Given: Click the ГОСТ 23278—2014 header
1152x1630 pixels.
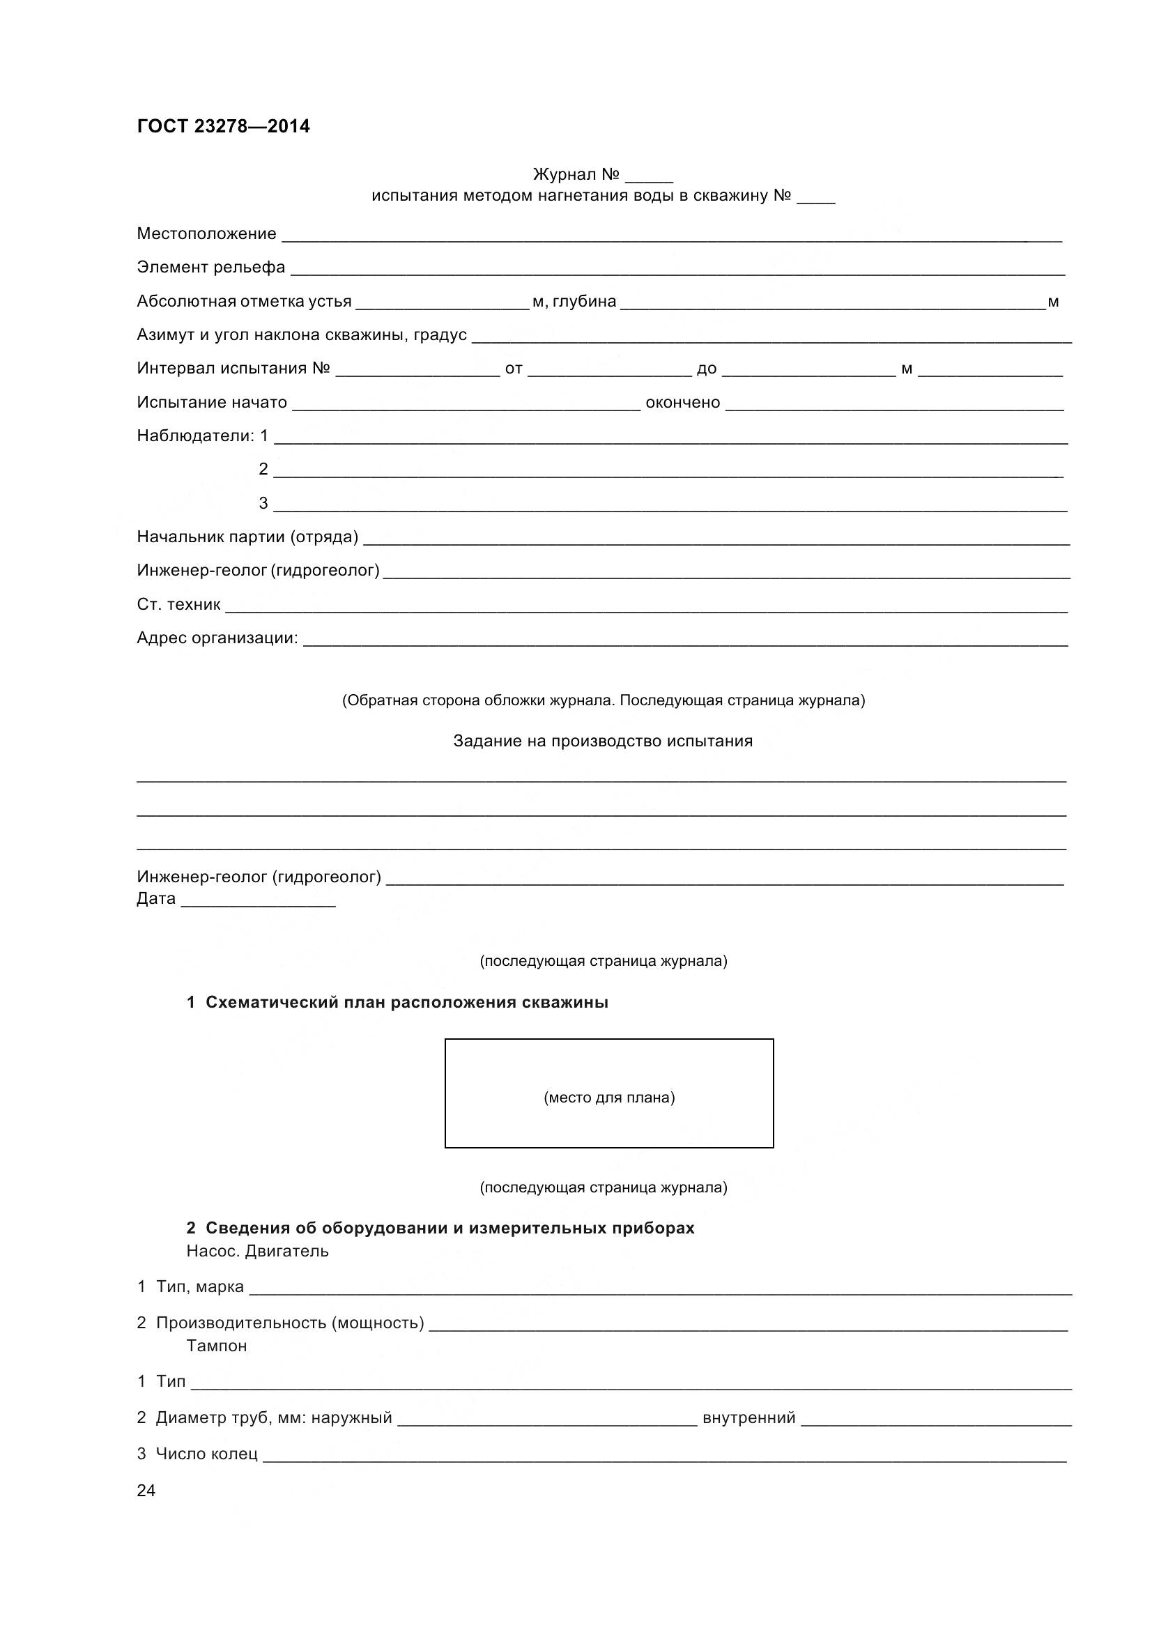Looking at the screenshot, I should pos(223,126).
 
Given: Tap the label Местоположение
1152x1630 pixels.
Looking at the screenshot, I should pos(206,233).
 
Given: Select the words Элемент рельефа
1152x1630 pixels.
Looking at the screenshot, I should pos(210,267).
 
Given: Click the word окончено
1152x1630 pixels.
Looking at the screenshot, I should pos(682,403).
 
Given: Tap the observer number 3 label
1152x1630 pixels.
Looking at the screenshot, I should pos(263,503).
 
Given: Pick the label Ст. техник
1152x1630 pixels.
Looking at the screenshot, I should pos(179,604).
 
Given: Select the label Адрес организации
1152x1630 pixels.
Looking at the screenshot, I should pos(217,638).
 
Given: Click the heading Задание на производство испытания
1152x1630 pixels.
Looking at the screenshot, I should pos(603,741).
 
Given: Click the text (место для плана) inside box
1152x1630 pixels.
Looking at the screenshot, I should pos(609,1098).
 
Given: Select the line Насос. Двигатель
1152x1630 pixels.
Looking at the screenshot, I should pos(258,1251).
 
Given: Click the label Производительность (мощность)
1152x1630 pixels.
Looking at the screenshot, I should pos(290,1323).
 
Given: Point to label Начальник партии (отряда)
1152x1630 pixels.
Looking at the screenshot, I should pos(247,537).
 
